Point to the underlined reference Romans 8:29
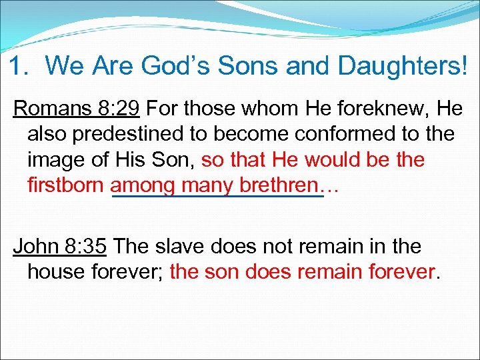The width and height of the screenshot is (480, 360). [x=76, y=108]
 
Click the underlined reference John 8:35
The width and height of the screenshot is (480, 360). [x=60, y=246]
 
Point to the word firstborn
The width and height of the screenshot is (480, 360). [x=67, y=185]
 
